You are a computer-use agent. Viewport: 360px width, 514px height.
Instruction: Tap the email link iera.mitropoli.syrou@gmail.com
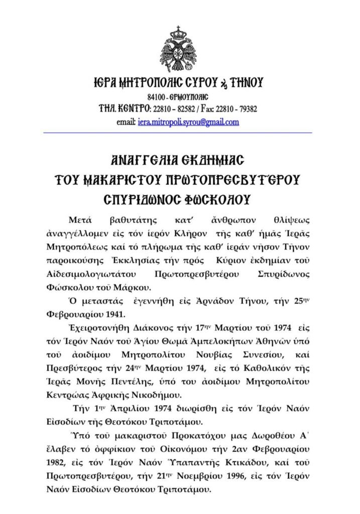coord(188,122)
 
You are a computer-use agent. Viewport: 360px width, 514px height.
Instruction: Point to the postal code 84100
coord(157,96)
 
